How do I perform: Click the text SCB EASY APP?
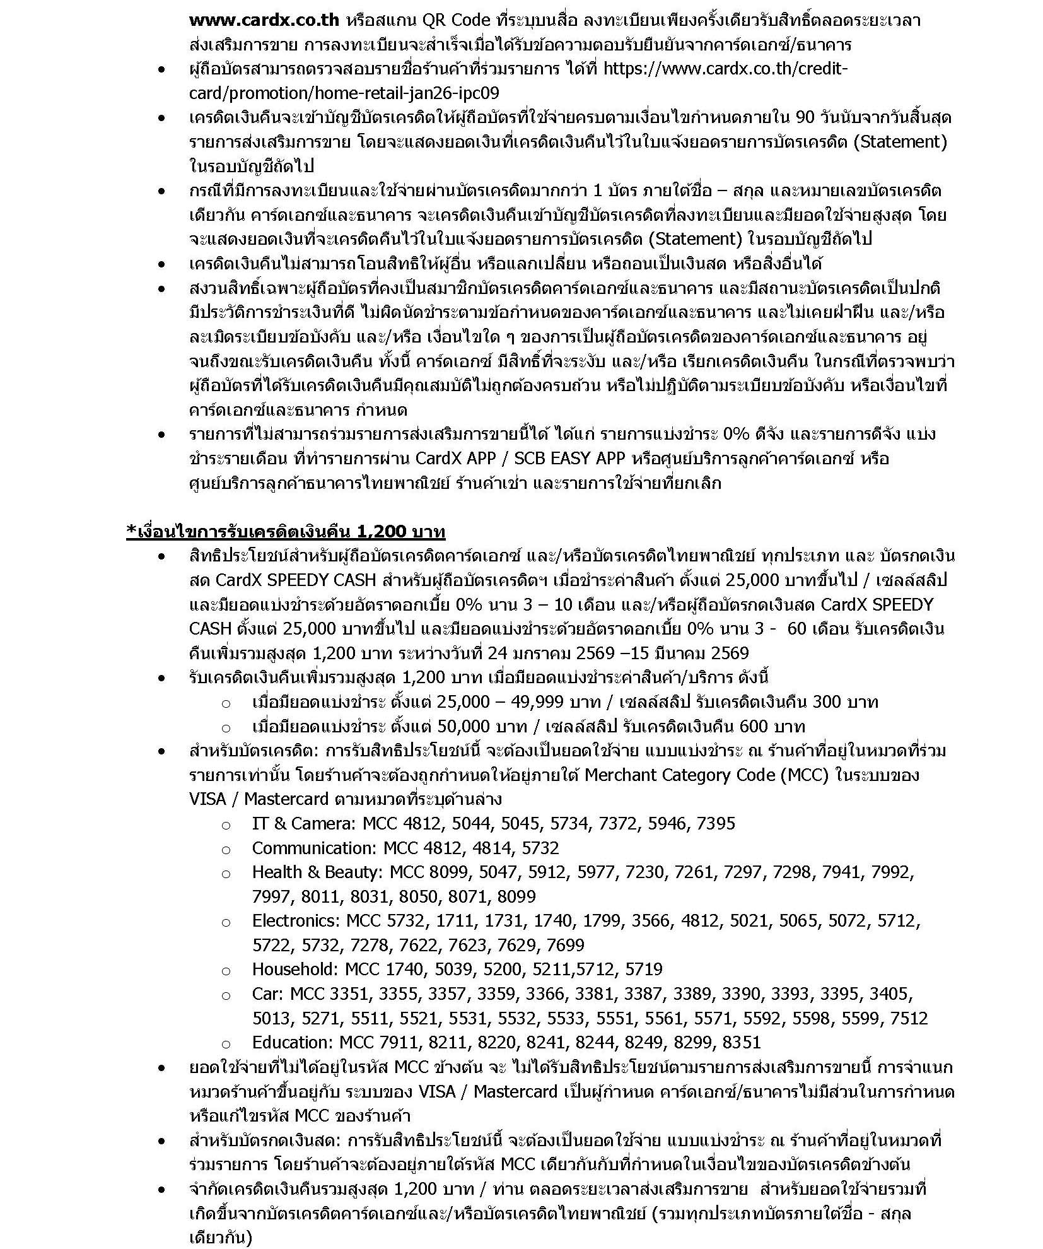click(x=571, y=459)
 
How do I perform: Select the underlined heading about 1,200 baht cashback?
click(x=286, y=532)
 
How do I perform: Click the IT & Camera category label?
click(x=293, y=823)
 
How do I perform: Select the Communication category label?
click(x=313, y=848)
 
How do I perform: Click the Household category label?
click(x=291, y=969)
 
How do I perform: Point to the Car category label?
click(x=267, y=994)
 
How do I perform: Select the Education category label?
click(x=291, y=1043)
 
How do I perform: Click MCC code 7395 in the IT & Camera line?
click(x=716, y=823)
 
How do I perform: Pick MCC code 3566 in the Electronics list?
click(x=651, y=921)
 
